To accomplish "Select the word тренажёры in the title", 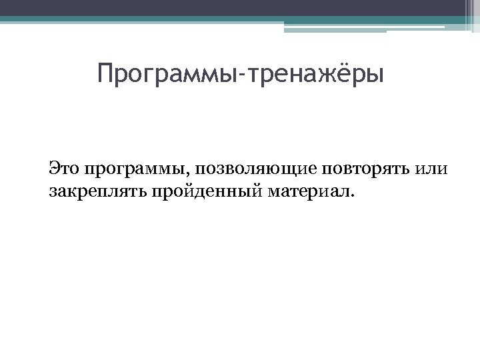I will (317, 74).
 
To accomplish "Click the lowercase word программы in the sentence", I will (136, 168).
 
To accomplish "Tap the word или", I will (432, 168).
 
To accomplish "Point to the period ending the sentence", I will (355, 197).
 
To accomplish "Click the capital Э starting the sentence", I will (54, 167).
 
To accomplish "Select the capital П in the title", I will (104, 73).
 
